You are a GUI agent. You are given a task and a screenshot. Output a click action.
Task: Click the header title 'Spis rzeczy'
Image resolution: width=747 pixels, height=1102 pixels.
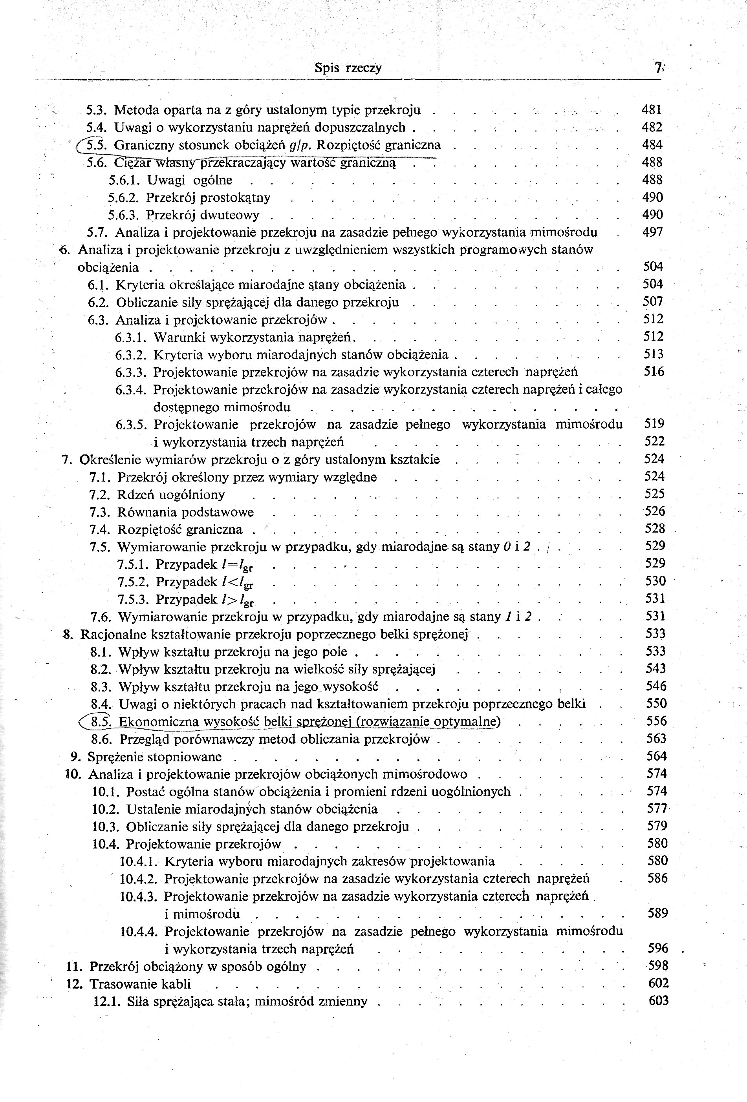pyautogui.click(x=348, y=68)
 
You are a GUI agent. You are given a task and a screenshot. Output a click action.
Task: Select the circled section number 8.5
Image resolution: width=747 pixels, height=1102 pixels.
pyautogui.click(x=101, y=721)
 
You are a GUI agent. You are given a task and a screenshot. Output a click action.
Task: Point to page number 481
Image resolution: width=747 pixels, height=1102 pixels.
pyautogui.click(x=651, y=109)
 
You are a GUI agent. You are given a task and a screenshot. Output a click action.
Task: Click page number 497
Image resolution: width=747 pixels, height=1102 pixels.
pyautogui.click(x=652, y=232)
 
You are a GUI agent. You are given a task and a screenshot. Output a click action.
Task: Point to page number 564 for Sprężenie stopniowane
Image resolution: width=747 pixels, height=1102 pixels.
pyautogui.click(x=656, y=756)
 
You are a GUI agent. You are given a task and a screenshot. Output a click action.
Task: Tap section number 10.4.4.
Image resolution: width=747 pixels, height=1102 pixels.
pyautogui.click(x=138, y=931)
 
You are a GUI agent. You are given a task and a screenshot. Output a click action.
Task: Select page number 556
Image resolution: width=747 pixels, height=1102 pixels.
pyautogui.click(x=656, y=721)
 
